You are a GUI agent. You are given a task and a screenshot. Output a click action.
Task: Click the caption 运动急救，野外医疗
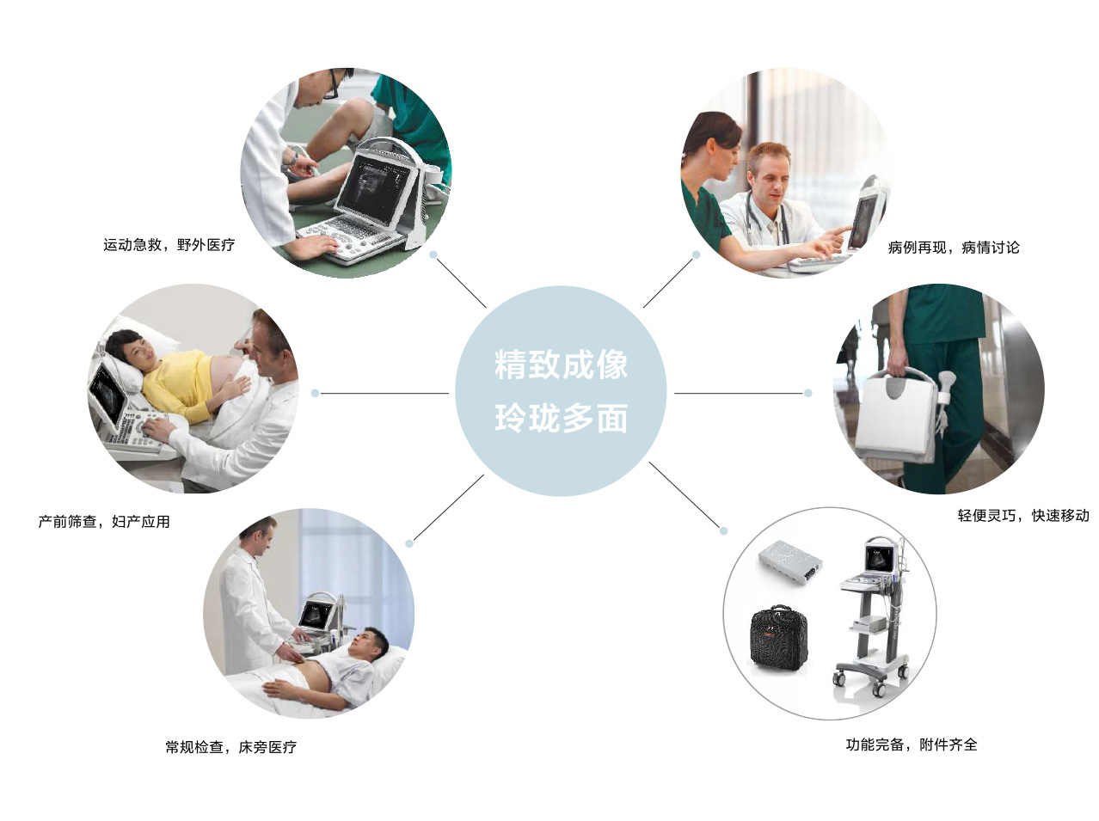coord(169,245)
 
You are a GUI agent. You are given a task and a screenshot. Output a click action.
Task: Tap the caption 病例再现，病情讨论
coord(954,247)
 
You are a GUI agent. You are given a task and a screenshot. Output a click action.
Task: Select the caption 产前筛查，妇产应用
coord(104,521)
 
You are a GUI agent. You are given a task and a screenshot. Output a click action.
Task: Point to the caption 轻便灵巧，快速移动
coord(1023,515)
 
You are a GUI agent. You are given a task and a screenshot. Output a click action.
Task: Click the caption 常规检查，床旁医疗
coord(230,747)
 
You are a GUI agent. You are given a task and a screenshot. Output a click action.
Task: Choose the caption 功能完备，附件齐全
coord(912,744)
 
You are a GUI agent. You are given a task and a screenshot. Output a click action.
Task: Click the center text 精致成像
coord(561,365)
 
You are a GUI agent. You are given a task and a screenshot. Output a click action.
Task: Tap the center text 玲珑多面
coord(561,418)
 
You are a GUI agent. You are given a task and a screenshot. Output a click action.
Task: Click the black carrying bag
coord(778,639)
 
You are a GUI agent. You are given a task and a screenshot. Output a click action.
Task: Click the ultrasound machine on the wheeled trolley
coord(872,616)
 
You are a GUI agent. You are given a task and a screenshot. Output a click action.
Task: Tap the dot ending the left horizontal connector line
coord(315,393)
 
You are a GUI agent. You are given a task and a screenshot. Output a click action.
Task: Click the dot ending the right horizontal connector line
coord(807,393)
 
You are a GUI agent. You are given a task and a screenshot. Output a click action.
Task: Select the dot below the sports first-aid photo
coord(433,254)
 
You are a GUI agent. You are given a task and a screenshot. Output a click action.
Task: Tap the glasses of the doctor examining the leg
coord(331,84)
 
